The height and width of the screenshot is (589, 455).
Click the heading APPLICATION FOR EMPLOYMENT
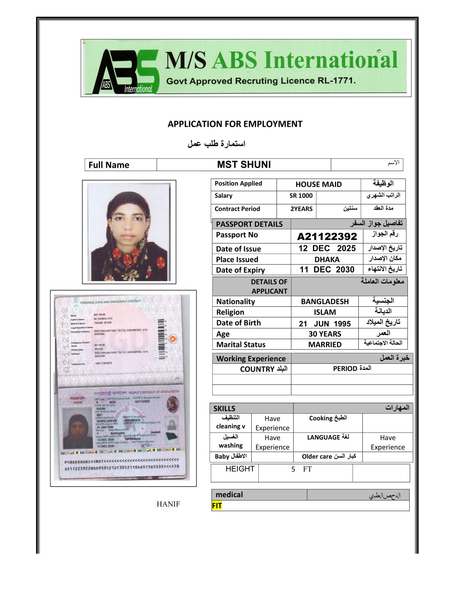(235, 124)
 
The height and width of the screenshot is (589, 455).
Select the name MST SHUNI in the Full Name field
(244, 165)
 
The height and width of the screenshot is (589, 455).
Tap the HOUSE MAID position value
(319, 184)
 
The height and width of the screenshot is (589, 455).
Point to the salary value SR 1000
(301, 196)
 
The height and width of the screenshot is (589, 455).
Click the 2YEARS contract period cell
(301, 209)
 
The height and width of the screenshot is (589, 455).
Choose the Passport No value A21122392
(327, 236)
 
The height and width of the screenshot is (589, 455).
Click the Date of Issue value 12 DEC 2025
(327, 248)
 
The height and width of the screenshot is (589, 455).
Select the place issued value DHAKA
(327, 260)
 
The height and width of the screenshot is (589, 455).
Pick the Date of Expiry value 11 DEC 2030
(327, 270)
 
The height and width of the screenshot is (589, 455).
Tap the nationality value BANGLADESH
(325, 302)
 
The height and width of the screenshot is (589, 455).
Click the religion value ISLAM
(325, 312)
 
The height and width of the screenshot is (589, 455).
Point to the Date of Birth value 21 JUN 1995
(325, 324)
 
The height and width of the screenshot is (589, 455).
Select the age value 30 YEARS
(325, 334)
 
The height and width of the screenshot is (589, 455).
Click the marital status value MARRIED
(325, 345)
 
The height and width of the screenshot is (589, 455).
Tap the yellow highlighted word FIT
(217, 506)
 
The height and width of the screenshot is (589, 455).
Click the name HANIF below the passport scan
(168, 504)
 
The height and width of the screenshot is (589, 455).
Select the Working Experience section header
(251, 359)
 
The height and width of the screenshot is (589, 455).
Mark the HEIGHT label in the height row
(240, 469)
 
